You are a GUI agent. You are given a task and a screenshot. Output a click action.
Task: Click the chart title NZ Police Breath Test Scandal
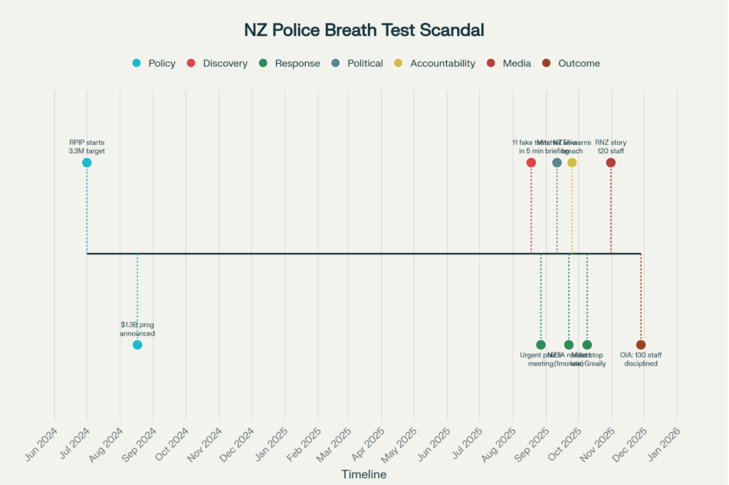tap(364, 31)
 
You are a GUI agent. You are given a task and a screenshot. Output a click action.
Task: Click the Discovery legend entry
tap(218, 64)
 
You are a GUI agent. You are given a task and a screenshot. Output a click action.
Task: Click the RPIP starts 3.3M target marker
tap(87, 162)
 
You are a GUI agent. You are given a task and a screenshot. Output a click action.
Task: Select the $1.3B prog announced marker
tap(137, 345)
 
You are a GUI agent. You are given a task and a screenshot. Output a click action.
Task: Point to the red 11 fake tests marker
tap(531, 162)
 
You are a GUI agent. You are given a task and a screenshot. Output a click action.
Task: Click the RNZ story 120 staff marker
tap(611, 162)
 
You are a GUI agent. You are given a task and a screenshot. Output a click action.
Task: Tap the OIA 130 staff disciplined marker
tap(641, 345)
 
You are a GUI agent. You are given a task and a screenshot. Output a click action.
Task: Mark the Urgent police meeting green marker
tap(541, 345)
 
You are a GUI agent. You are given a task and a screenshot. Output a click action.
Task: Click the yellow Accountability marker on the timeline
tap(572, 162)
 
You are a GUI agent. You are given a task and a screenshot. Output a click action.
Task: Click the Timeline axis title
tap(364, 475)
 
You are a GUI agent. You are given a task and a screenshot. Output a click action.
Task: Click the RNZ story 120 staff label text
tap(611, 146)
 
